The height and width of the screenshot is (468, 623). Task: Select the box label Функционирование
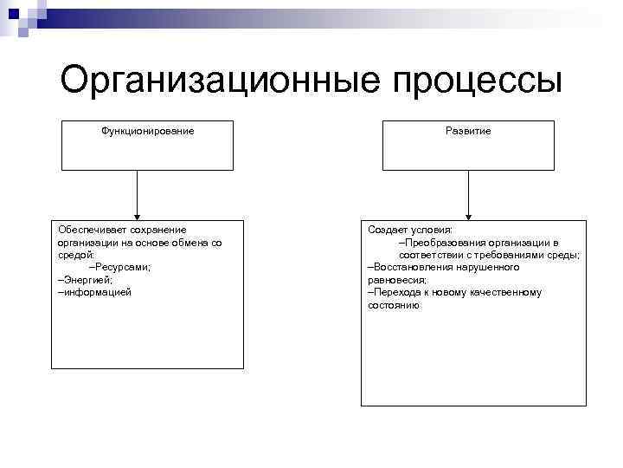tap(147, 131)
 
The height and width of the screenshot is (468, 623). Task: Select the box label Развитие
tap(468, 131)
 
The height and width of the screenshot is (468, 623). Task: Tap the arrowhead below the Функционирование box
tap(137, 214)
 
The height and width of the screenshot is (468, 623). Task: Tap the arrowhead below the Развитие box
tap(468, 214)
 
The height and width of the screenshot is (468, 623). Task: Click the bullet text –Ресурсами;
tap(120, 268)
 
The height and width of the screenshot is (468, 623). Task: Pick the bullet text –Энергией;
tap(85, 280)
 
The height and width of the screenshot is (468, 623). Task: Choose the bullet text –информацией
tap(93, 293)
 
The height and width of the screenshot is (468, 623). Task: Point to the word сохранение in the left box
tap(160, 230)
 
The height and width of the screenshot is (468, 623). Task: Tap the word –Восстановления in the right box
tap(410, 268)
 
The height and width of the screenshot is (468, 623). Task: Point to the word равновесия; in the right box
tap(397, 281)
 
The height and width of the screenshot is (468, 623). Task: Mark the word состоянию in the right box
tap(394, 306)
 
